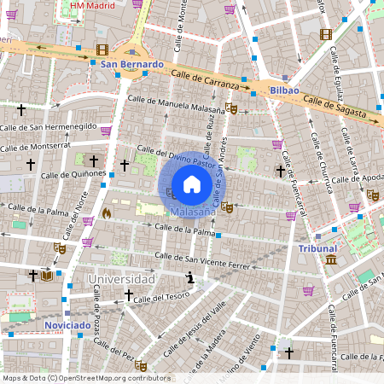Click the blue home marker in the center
click(192, 184)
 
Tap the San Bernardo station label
click(131, 64)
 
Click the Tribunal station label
click(317, 248)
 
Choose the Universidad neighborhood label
click(121, 279)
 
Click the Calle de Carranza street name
click(208, 80)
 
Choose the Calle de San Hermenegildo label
click(49, 125)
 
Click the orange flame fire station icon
click(106, 212)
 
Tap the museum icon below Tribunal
click(330, 259)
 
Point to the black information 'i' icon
click(189, 277)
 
